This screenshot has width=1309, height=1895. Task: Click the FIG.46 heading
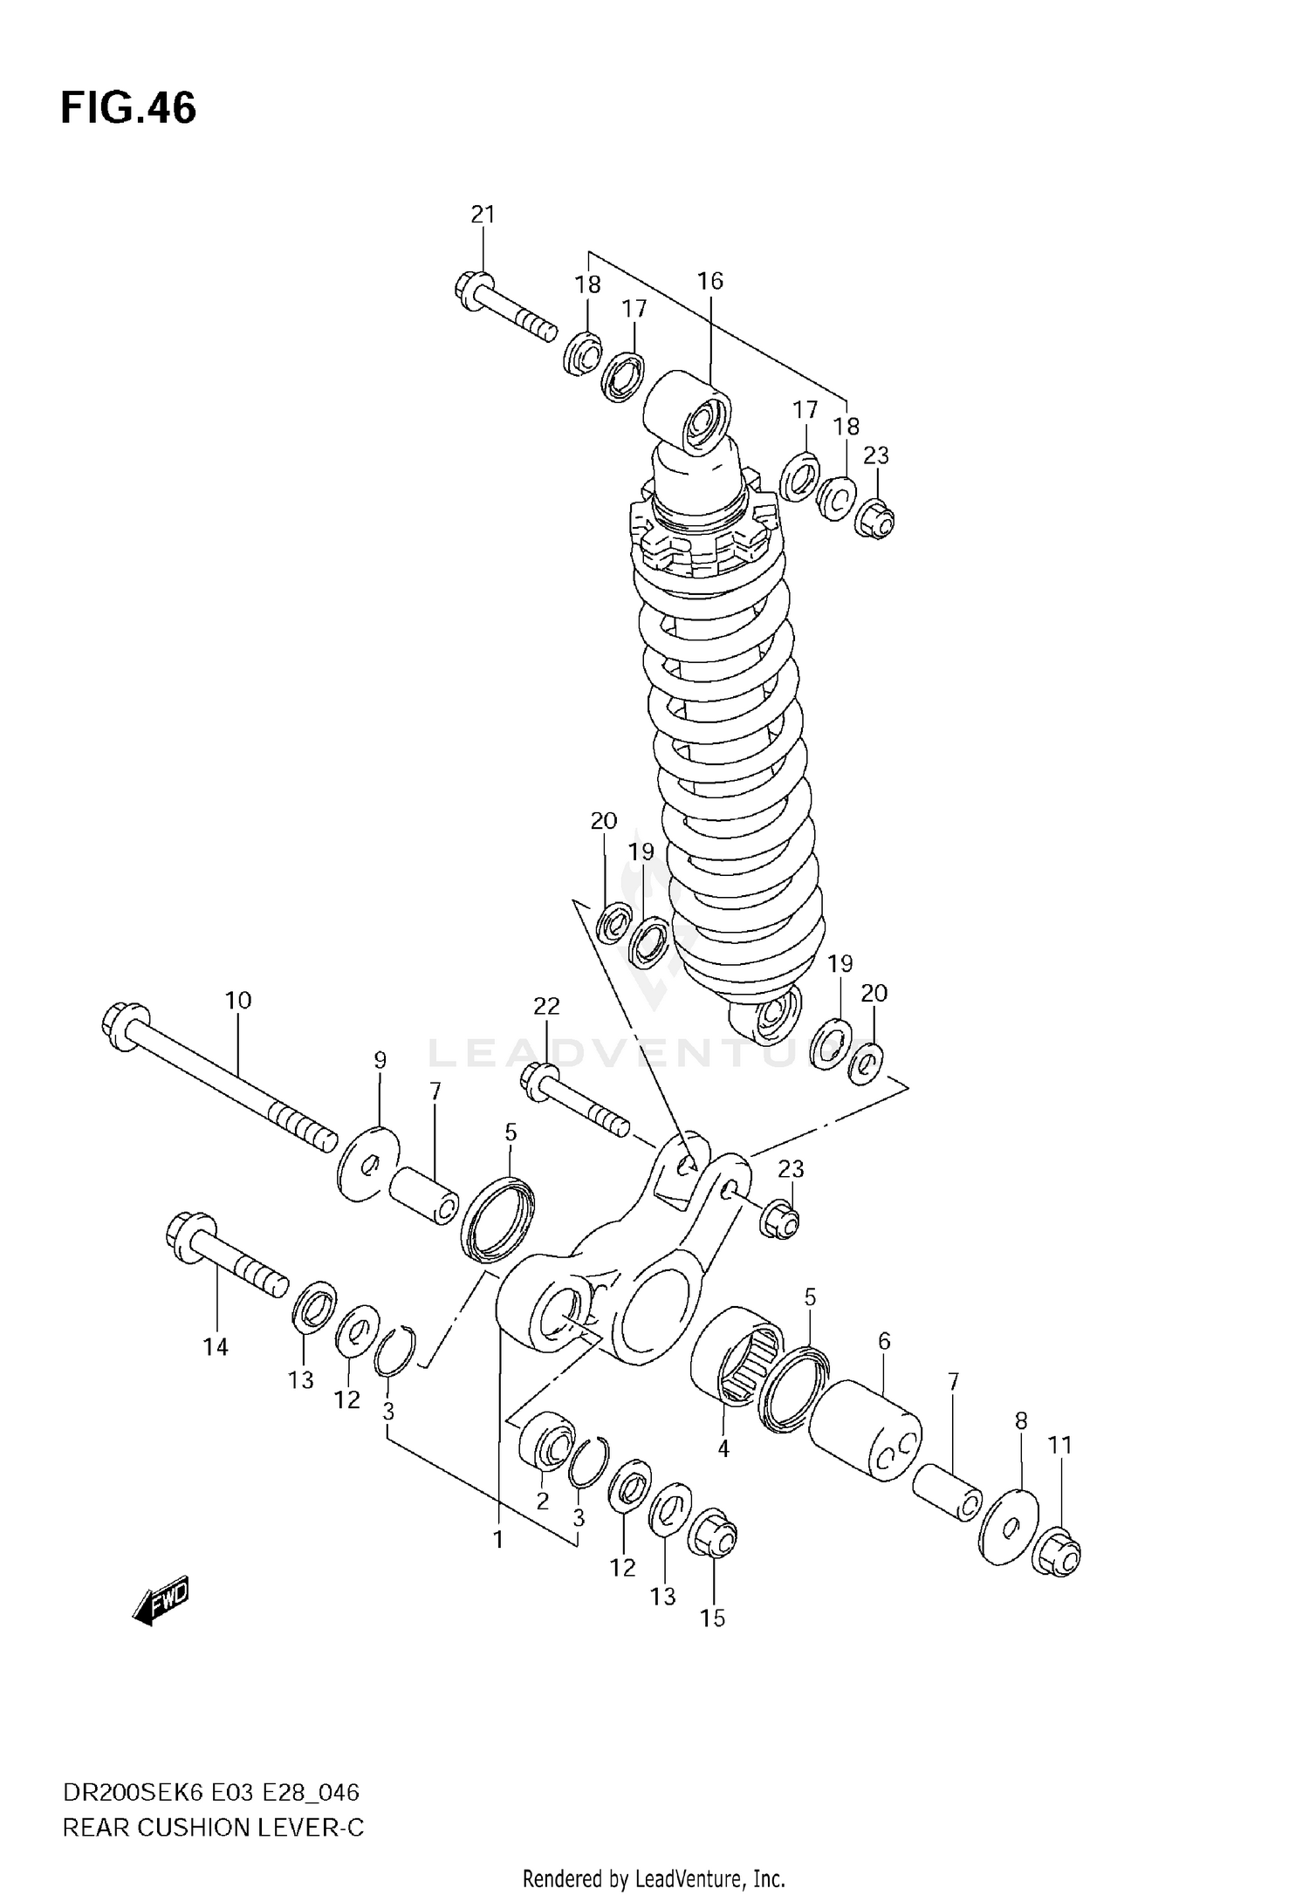[128, 109]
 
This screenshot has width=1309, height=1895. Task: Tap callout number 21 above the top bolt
[483, 215]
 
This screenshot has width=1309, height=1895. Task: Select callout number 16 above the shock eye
[709, 281]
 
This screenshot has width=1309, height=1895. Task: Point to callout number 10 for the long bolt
[237, 1000]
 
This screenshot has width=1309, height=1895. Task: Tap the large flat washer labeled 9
[367, 1164]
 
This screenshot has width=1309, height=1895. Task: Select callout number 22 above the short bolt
[546, 1006]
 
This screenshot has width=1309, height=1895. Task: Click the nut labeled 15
[713, 1534]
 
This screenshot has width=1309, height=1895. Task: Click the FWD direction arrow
[161, 1601]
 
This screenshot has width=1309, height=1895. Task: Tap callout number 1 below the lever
[497, 1540]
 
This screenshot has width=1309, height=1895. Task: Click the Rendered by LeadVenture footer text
[654, 1878]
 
